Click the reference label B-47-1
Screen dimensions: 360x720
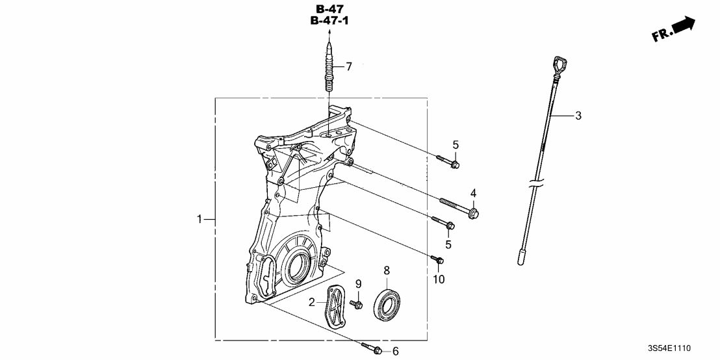click(331, 21)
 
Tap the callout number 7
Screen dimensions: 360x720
click(348, 66)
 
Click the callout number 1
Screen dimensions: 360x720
click(200, 220)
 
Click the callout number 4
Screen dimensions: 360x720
click(473, 193)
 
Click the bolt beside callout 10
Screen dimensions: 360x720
click(437, 261)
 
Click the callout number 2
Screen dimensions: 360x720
click(311, 302)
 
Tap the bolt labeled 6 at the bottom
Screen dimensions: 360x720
click(371, 348)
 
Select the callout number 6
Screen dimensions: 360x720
click(394, 351)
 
